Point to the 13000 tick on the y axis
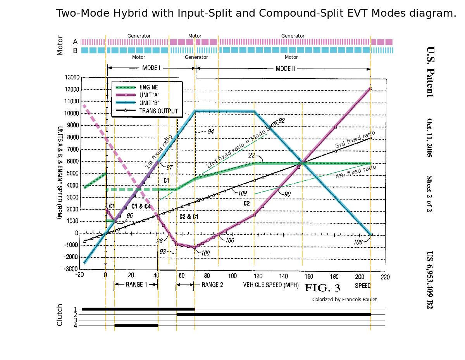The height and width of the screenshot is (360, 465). (72, 77)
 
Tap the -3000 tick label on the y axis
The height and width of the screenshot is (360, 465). (71, 269)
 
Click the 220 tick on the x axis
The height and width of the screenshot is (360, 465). (385, 277)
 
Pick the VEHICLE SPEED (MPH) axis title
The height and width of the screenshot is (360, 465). (271, 285)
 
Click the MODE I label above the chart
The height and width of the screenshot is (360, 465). (151, 68)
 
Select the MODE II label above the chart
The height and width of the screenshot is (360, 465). (285, 69)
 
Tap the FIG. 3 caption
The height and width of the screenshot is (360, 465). (322, 288)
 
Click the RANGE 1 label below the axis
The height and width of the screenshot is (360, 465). (136, 285)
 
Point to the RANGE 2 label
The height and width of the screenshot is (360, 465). (212, 285)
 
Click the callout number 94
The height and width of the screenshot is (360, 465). (210, 131)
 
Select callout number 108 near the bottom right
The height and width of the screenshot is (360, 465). (358, 242)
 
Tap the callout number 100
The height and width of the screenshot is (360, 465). (205, 253)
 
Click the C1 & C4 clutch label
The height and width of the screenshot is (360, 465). (141, 206)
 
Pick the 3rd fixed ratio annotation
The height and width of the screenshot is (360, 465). (355, 139)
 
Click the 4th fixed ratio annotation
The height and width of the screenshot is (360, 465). (356, 171)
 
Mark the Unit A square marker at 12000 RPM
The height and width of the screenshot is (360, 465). (370, 89)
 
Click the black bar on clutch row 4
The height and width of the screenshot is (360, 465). (136, 326)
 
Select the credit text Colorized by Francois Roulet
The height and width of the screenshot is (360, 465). (344, 299)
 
